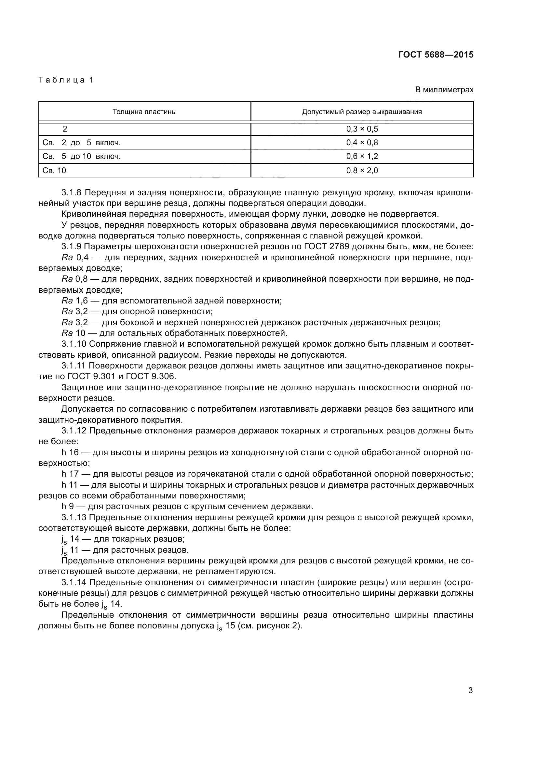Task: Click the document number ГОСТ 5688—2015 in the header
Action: pos(436,55)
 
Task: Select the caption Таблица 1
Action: pos(66,80)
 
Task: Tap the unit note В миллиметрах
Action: pos(444,90)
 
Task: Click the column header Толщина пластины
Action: pos(144,112)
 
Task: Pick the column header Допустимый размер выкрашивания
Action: pos(362,112)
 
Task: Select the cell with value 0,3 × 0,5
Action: pos(362,129)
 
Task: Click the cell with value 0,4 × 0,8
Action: pos(362,143)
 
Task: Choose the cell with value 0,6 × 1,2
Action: pos(362,156)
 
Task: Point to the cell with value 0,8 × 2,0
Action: pos(362,171)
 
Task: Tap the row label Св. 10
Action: pos(54,171)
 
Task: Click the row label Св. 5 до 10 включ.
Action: pos(82,156)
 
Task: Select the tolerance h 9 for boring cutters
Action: pos(67,507)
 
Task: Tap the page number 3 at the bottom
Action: pos(470,690)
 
